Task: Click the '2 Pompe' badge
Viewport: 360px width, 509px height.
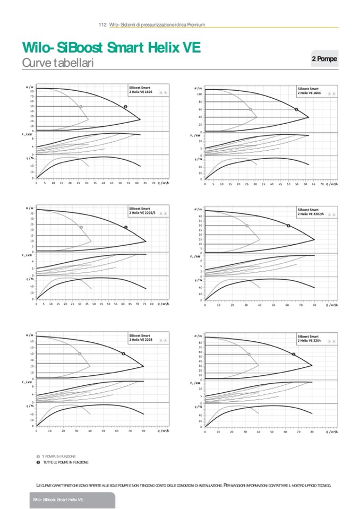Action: click(324, 59)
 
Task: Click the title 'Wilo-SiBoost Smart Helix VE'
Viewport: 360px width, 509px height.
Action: click(111, 48)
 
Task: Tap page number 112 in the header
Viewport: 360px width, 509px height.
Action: click(103, 24)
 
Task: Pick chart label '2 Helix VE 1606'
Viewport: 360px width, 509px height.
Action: click(310, 92)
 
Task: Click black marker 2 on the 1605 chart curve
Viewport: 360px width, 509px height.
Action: click(126, 107)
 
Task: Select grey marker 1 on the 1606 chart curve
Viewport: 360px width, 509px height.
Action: click(251, 110)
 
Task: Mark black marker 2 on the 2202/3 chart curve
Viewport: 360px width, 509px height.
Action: click(126, 227)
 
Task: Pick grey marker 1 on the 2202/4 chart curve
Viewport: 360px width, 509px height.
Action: click(247, 226)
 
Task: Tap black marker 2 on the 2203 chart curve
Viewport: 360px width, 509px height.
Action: click(123, 353)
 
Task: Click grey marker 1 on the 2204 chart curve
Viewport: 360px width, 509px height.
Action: click(248, 354)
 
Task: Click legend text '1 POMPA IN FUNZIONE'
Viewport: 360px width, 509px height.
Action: click(59, 456)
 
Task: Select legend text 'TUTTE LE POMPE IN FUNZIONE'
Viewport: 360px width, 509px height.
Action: click(66, 462)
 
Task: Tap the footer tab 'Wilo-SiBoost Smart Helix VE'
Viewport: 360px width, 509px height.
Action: click(57, 501)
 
